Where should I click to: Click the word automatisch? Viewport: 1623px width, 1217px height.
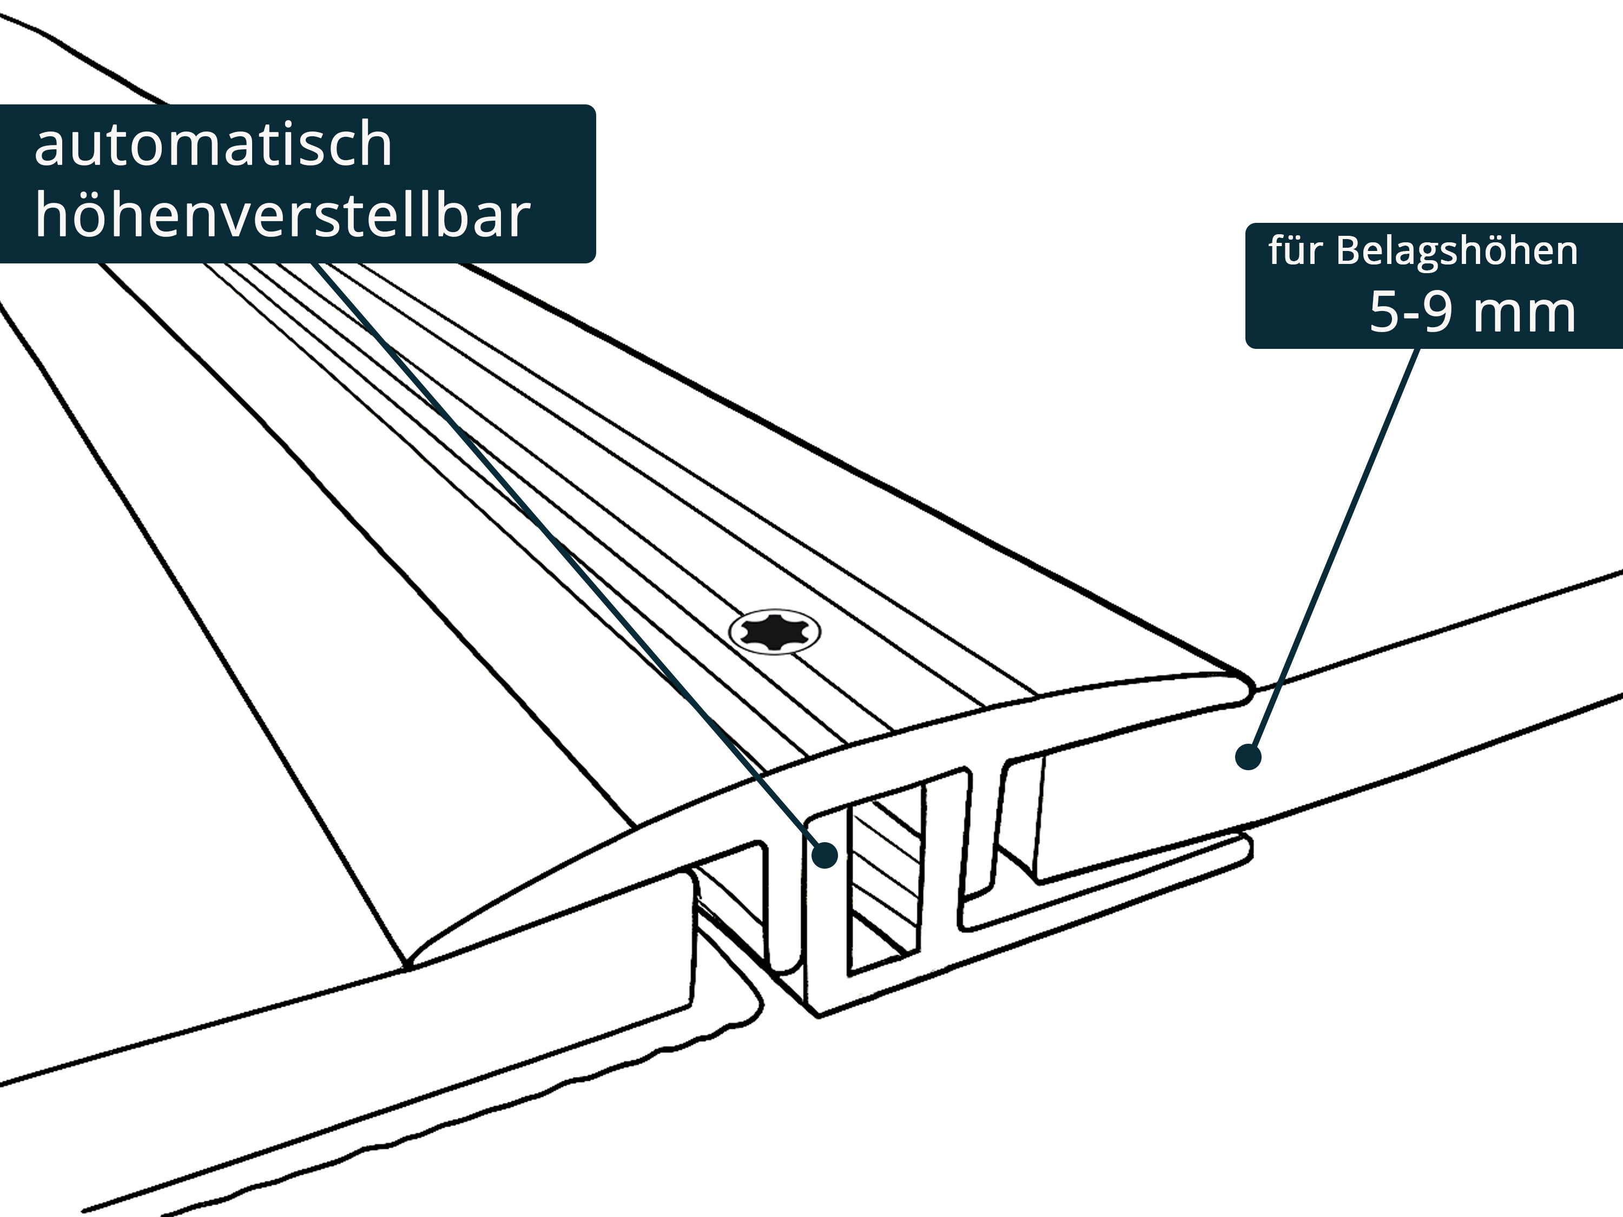coord(213,145)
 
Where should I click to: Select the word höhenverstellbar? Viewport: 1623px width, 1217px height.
coord(282,216)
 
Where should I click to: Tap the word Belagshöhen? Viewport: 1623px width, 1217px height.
coord(1456,252)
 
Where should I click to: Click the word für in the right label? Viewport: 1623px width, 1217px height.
coord(1295,252)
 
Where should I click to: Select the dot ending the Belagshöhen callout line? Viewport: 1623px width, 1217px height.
coord(1248,756)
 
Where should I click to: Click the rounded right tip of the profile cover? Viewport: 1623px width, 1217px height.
coord(1248,690)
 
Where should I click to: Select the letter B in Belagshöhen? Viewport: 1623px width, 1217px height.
coord(1349,252)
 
